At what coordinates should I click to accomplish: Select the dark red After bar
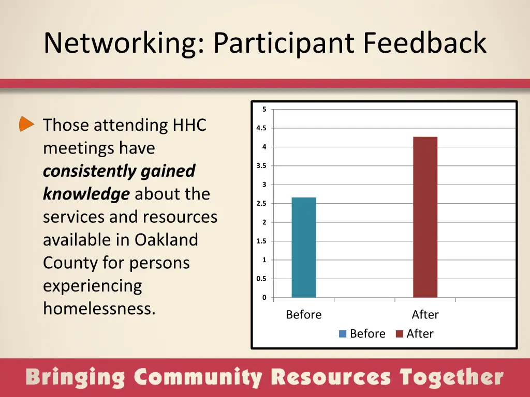[425, 217]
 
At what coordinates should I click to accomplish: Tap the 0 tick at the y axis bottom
[264, 298]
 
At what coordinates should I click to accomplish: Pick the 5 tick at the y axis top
[264, 109]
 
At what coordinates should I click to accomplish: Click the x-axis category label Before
[304, 315]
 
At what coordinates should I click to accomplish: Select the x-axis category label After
[425, 315]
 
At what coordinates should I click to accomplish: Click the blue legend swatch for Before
[343, 334]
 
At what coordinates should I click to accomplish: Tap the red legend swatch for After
[399, 334]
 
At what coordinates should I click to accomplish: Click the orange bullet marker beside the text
[26, 124]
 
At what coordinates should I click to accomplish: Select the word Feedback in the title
[424, 43]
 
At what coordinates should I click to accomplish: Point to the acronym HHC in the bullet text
[189, 125]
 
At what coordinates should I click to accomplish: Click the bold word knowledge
[86, 194]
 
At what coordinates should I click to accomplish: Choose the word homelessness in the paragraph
[99, 309]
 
